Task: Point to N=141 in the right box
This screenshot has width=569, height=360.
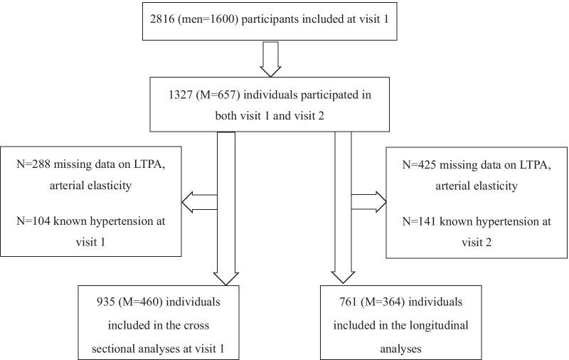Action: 420,221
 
